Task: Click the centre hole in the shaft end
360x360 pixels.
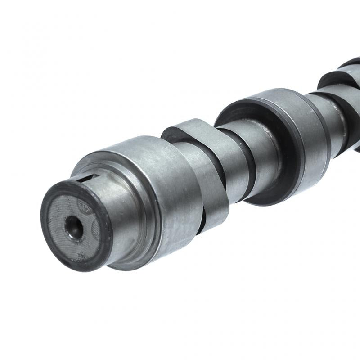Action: [73, 226]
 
